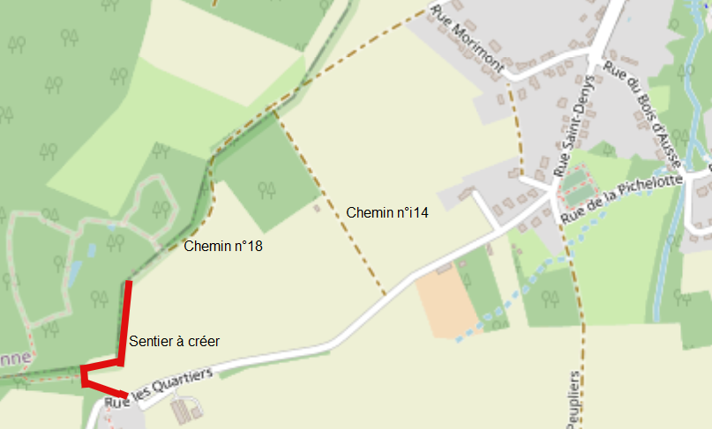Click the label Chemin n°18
tap(223, 247)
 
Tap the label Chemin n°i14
tap(387, 212)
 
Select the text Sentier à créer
tap(174, 341)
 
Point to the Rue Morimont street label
tap(467, 41)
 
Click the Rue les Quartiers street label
tap(159, 388)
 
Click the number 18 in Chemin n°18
tap(254, 247)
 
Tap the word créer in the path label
tap(204, 341)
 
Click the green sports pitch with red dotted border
tap(577, 185)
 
